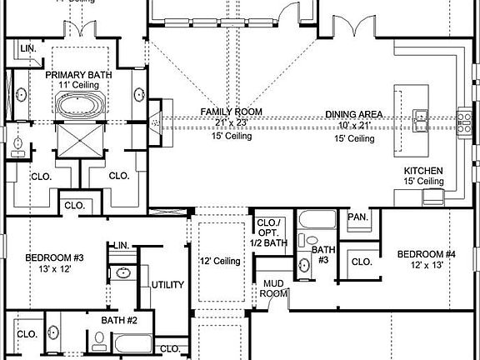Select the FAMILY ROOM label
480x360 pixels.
tap(232, 112)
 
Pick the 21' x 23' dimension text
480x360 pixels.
tap(232, 122)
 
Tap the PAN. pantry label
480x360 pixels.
tap(358, 217)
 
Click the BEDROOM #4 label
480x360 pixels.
tap(426, 254)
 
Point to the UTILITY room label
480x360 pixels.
tap(167, 285)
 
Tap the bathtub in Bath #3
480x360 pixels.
tap(317, 223)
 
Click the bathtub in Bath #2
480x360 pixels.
tap(133, 343)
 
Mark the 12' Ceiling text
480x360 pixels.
tap(220, 262)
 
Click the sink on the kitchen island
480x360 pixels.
tap(419, 117)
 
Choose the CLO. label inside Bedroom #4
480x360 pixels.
tap(362, 262)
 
